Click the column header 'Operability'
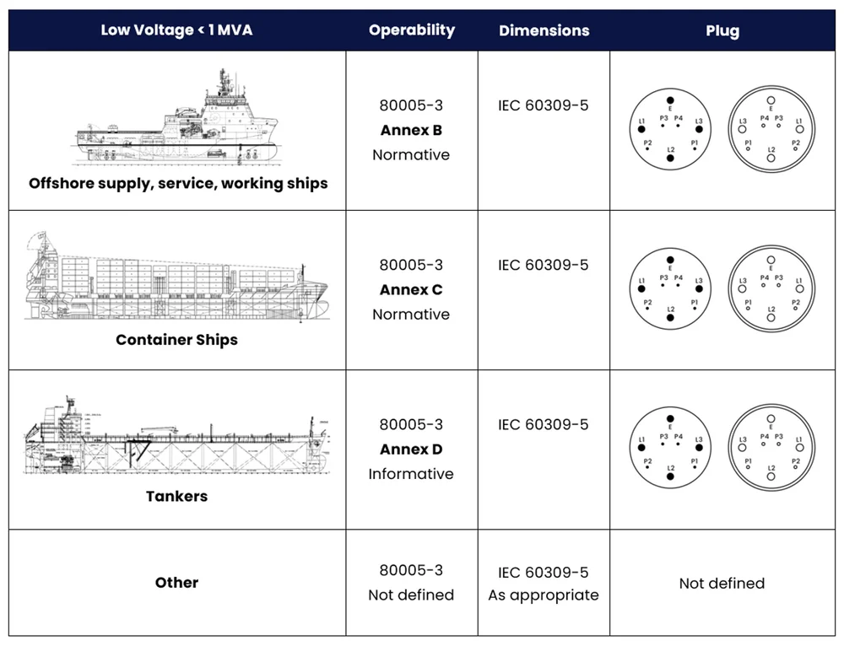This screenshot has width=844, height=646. tap(411, 30)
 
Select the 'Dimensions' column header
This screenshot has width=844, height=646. tap(543, 30)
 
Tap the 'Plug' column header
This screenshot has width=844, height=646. tap(722, 30)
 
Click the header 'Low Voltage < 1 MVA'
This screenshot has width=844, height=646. tap(176, 30)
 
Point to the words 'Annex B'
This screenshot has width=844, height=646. tap(411, 131)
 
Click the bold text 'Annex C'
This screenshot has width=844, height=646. tap(411, 290)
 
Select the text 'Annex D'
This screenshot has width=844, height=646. tap(411, 450)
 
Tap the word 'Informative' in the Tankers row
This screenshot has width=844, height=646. tap(411, 474)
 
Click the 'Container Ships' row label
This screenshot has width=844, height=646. tap(176, 341)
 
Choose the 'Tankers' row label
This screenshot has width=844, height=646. tap(176, 497)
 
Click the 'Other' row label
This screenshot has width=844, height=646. tap(176, 583)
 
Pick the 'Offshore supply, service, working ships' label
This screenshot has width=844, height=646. tap(178, 184)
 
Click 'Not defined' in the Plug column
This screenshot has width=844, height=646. tap(722, 584)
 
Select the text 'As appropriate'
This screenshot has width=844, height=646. tap(543, 595)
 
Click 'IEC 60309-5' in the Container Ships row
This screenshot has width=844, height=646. tap(543, 266)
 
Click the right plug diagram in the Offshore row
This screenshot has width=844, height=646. tap(771, 129)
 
